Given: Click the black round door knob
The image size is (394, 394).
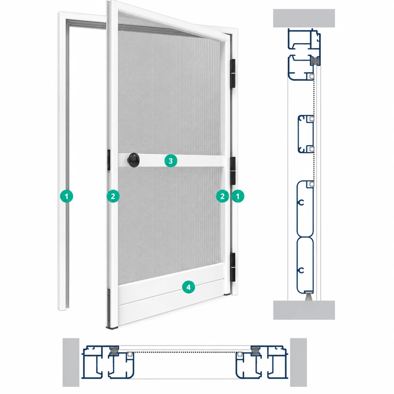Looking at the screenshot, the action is point(133,160).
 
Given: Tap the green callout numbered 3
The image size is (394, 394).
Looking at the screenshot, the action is point(171,161).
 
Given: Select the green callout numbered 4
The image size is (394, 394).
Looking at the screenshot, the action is point(188,287).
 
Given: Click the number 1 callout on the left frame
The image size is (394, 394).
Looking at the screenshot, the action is point(66,196).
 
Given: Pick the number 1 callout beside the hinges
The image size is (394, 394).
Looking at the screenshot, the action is point(238,196).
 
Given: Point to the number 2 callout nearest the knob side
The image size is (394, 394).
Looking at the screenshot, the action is point(113,196).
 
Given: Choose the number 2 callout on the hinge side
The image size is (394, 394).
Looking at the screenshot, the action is point(222,196).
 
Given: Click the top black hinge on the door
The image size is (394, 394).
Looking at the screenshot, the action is point(233,74).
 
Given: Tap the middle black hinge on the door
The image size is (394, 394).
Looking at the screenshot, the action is point(233,171).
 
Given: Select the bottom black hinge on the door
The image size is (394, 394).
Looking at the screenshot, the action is point(233,267).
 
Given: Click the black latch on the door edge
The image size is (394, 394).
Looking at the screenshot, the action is point(109,160).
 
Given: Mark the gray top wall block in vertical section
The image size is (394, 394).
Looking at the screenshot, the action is point(304,18).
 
